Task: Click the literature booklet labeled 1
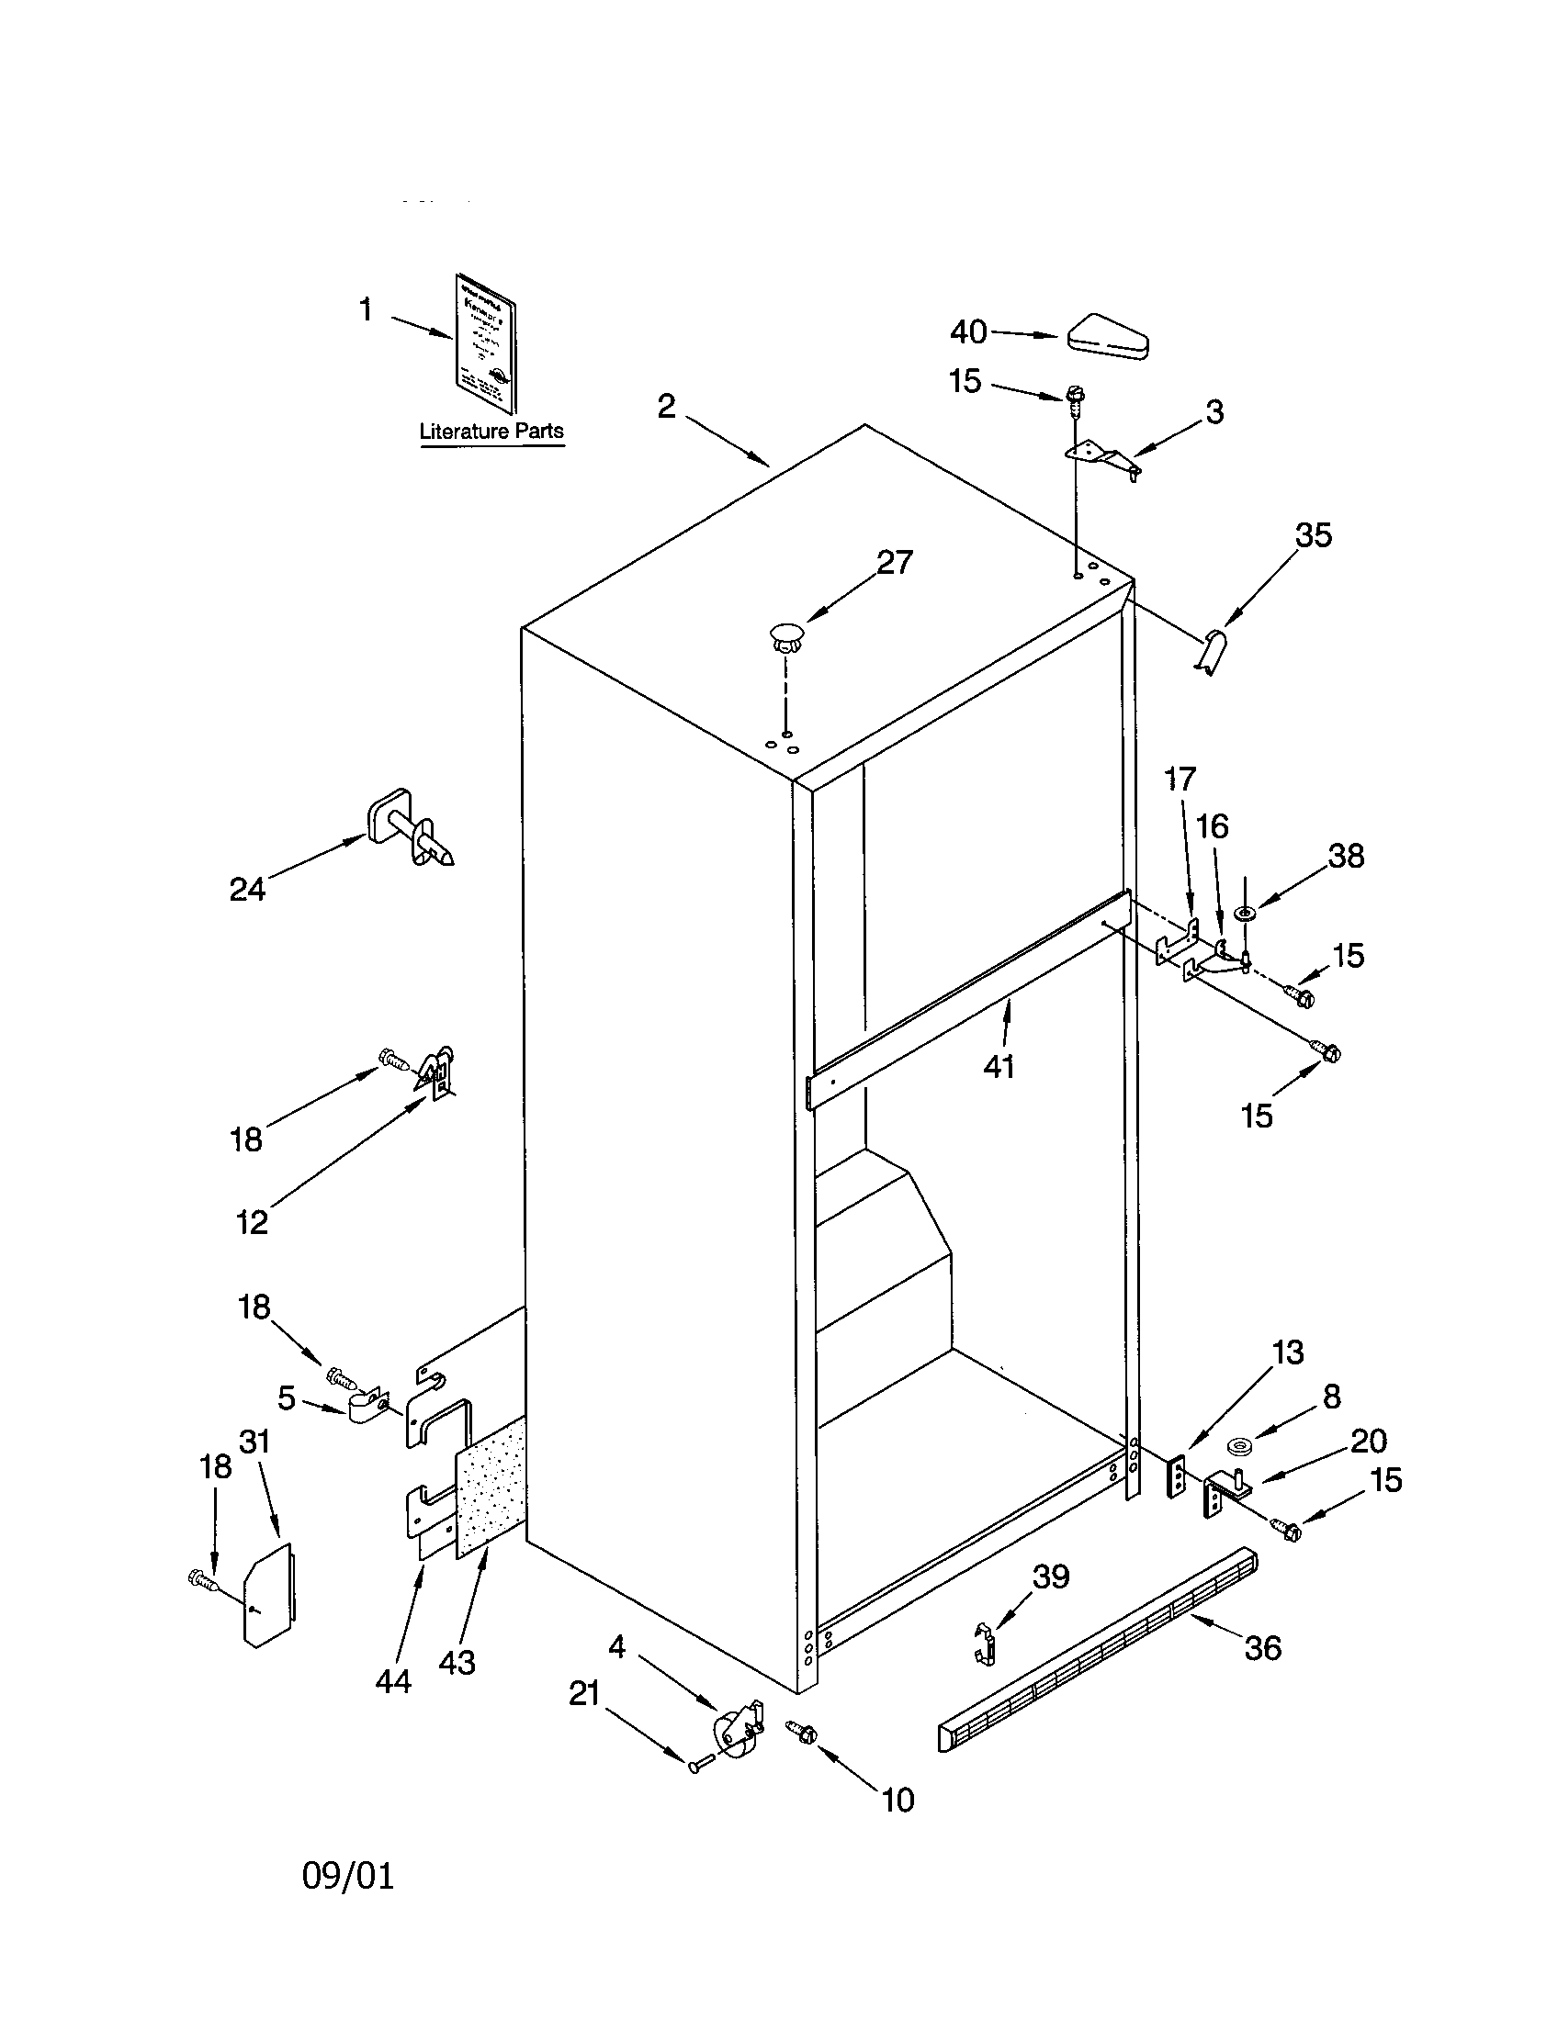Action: tap(485, 344)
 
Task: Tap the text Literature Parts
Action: tap(491, 431)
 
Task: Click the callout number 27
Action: tap(894, 561)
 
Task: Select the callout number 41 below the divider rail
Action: tap(999, 1066)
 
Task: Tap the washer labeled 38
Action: tap(1246, 914)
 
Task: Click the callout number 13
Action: tap(1288, 1352)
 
